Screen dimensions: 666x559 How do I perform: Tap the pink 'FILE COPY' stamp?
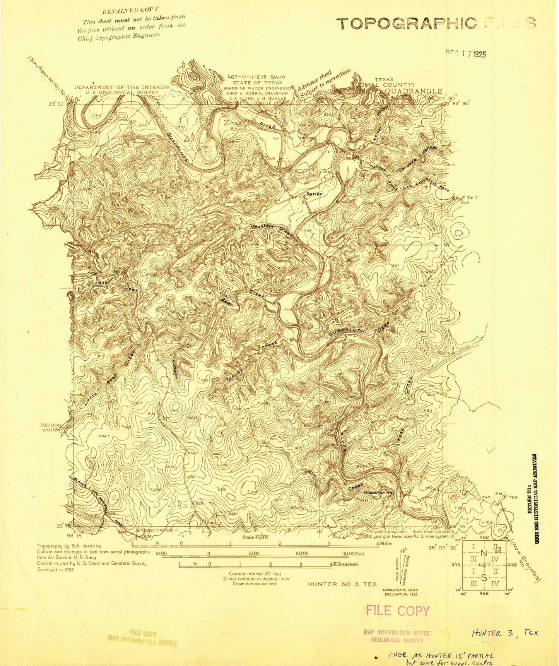(397, 611)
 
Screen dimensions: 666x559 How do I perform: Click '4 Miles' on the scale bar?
(384, 543)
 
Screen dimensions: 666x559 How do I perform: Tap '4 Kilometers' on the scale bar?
(344, 564)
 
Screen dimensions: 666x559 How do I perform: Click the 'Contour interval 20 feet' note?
(255, 574)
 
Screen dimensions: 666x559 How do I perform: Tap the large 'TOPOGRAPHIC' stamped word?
(406, 24)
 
